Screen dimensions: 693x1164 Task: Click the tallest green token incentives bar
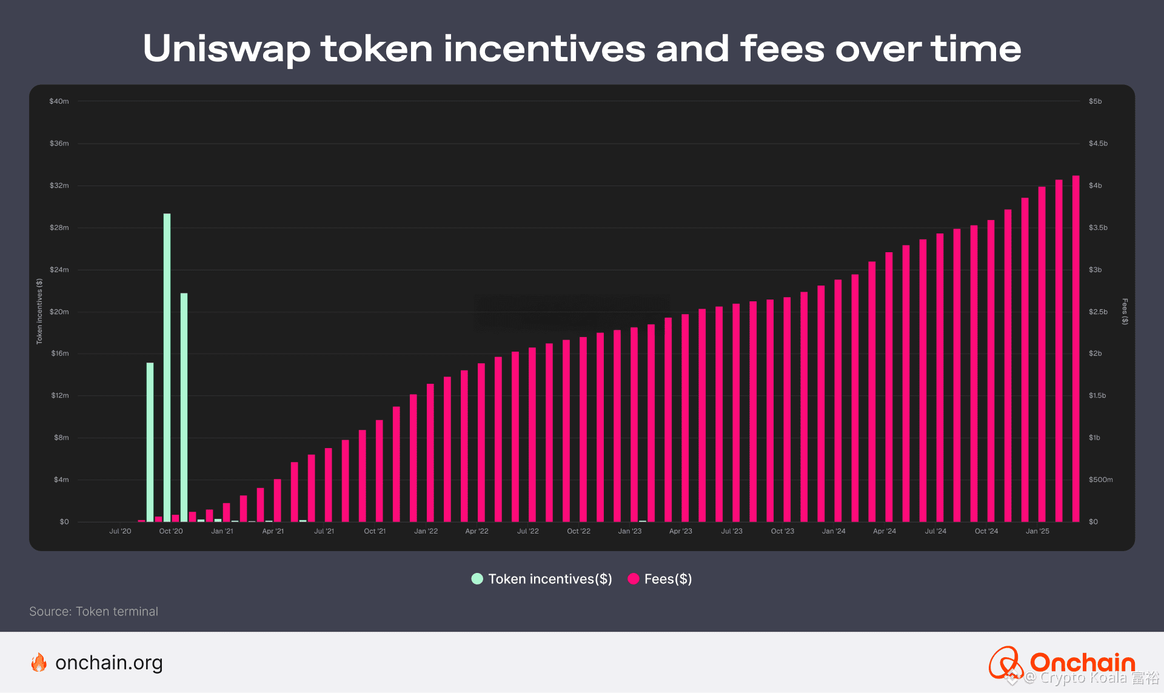click(x=167, y=367)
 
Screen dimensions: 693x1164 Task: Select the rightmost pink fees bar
click(x=1075, y=349)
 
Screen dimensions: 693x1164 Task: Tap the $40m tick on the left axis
click(x=59, y=101)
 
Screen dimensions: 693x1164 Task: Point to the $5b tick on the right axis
click(x=1095, y=101)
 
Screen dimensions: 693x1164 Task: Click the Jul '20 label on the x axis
click(x=120, y=531)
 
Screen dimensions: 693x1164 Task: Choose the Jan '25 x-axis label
click(x=1037, y=531)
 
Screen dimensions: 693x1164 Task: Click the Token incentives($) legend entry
click(x=542, y=579)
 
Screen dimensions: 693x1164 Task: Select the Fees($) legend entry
click(x=660, y=579)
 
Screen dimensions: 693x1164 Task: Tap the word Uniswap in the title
click(x=226, y=50)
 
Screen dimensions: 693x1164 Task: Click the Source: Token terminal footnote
click(x=94, y=611)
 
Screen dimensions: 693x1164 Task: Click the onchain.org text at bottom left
click(x=109, y=663)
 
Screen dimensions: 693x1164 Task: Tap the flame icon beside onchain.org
click(x=39, y=663)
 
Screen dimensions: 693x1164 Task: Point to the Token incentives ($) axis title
click(x=39, y=312)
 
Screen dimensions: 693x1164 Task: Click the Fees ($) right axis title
click(x=1125, y=312)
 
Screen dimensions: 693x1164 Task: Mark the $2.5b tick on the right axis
click(x=1098, y=312)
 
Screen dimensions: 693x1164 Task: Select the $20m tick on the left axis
click(x=59, y=312)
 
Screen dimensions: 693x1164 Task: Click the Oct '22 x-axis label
click(x=578, y=531)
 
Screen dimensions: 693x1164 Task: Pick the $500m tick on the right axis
click(x=1100, y=480)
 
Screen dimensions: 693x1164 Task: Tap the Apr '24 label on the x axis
click(x=884, y=531)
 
